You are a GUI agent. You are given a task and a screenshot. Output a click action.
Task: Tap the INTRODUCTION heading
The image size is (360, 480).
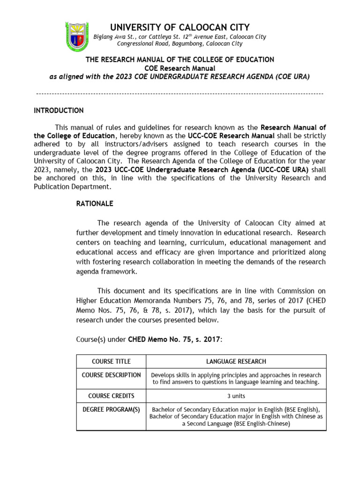[59, 111]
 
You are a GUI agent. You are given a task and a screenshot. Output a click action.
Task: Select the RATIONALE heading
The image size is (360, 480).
[94, 204]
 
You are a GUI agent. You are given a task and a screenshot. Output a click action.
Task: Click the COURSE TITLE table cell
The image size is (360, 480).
[111, 361]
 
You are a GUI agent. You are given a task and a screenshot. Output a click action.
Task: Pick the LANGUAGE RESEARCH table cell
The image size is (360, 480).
[236, 361]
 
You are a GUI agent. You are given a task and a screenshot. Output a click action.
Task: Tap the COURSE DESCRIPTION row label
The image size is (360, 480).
[111, 375]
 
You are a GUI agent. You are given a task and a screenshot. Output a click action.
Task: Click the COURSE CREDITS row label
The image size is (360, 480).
[111, 396]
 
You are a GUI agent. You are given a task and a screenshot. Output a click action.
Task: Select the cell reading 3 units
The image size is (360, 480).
[236, 396]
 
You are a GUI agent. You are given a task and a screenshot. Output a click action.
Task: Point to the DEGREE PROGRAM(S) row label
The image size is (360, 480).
[111, 409]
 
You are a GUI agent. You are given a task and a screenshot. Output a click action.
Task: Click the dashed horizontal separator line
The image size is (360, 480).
[180, 94]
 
